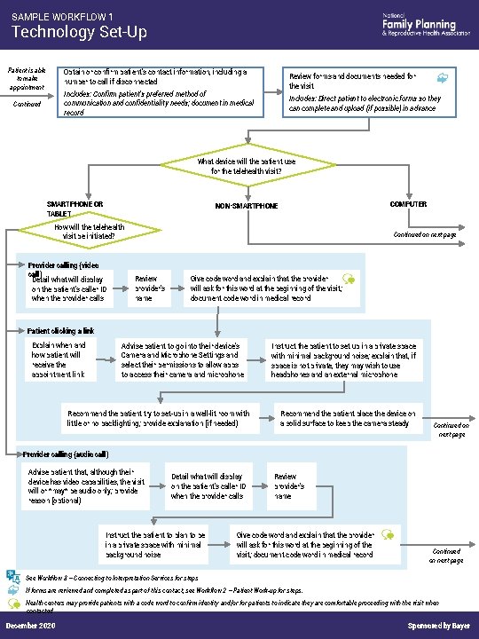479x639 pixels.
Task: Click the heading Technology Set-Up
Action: point(78,33)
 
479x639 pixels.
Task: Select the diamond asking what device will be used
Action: point(240,166)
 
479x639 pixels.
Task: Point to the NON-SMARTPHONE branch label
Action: point(247,206)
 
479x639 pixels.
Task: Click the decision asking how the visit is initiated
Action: point(90,232)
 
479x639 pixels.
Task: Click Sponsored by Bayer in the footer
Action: point(438,627)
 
